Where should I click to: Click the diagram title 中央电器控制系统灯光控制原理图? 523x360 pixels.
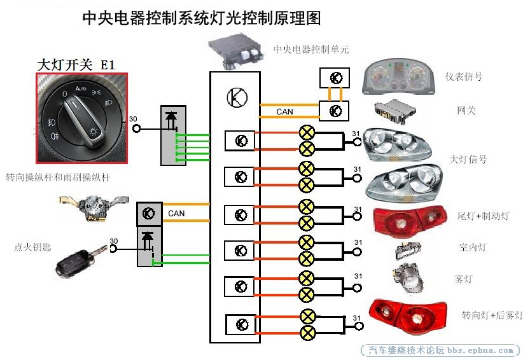click(202, 18)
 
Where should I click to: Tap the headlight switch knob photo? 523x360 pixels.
click(81, 118)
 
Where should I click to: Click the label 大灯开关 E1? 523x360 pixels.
click(76, 64)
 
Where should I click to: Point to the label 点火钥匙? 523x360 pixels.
click(31, 246)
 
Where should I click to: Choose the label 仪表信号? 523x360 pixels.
click(464, 77)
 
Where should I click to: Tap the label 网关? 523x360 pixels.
click(466, 111)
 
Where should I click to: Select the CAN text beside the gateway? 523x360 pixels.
click(284, 112)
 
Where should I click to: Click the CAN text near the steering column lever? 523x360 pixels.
click(176, 213)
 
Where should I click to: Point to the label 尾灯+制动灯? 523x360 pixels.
click(483, 216)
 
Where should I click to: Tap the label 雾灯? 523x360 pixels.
click(464, 279)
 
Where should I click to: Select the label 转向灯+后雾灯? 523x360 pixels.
click(491, 315)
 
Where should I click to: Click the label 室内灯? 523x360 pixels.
click(473, 247)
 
